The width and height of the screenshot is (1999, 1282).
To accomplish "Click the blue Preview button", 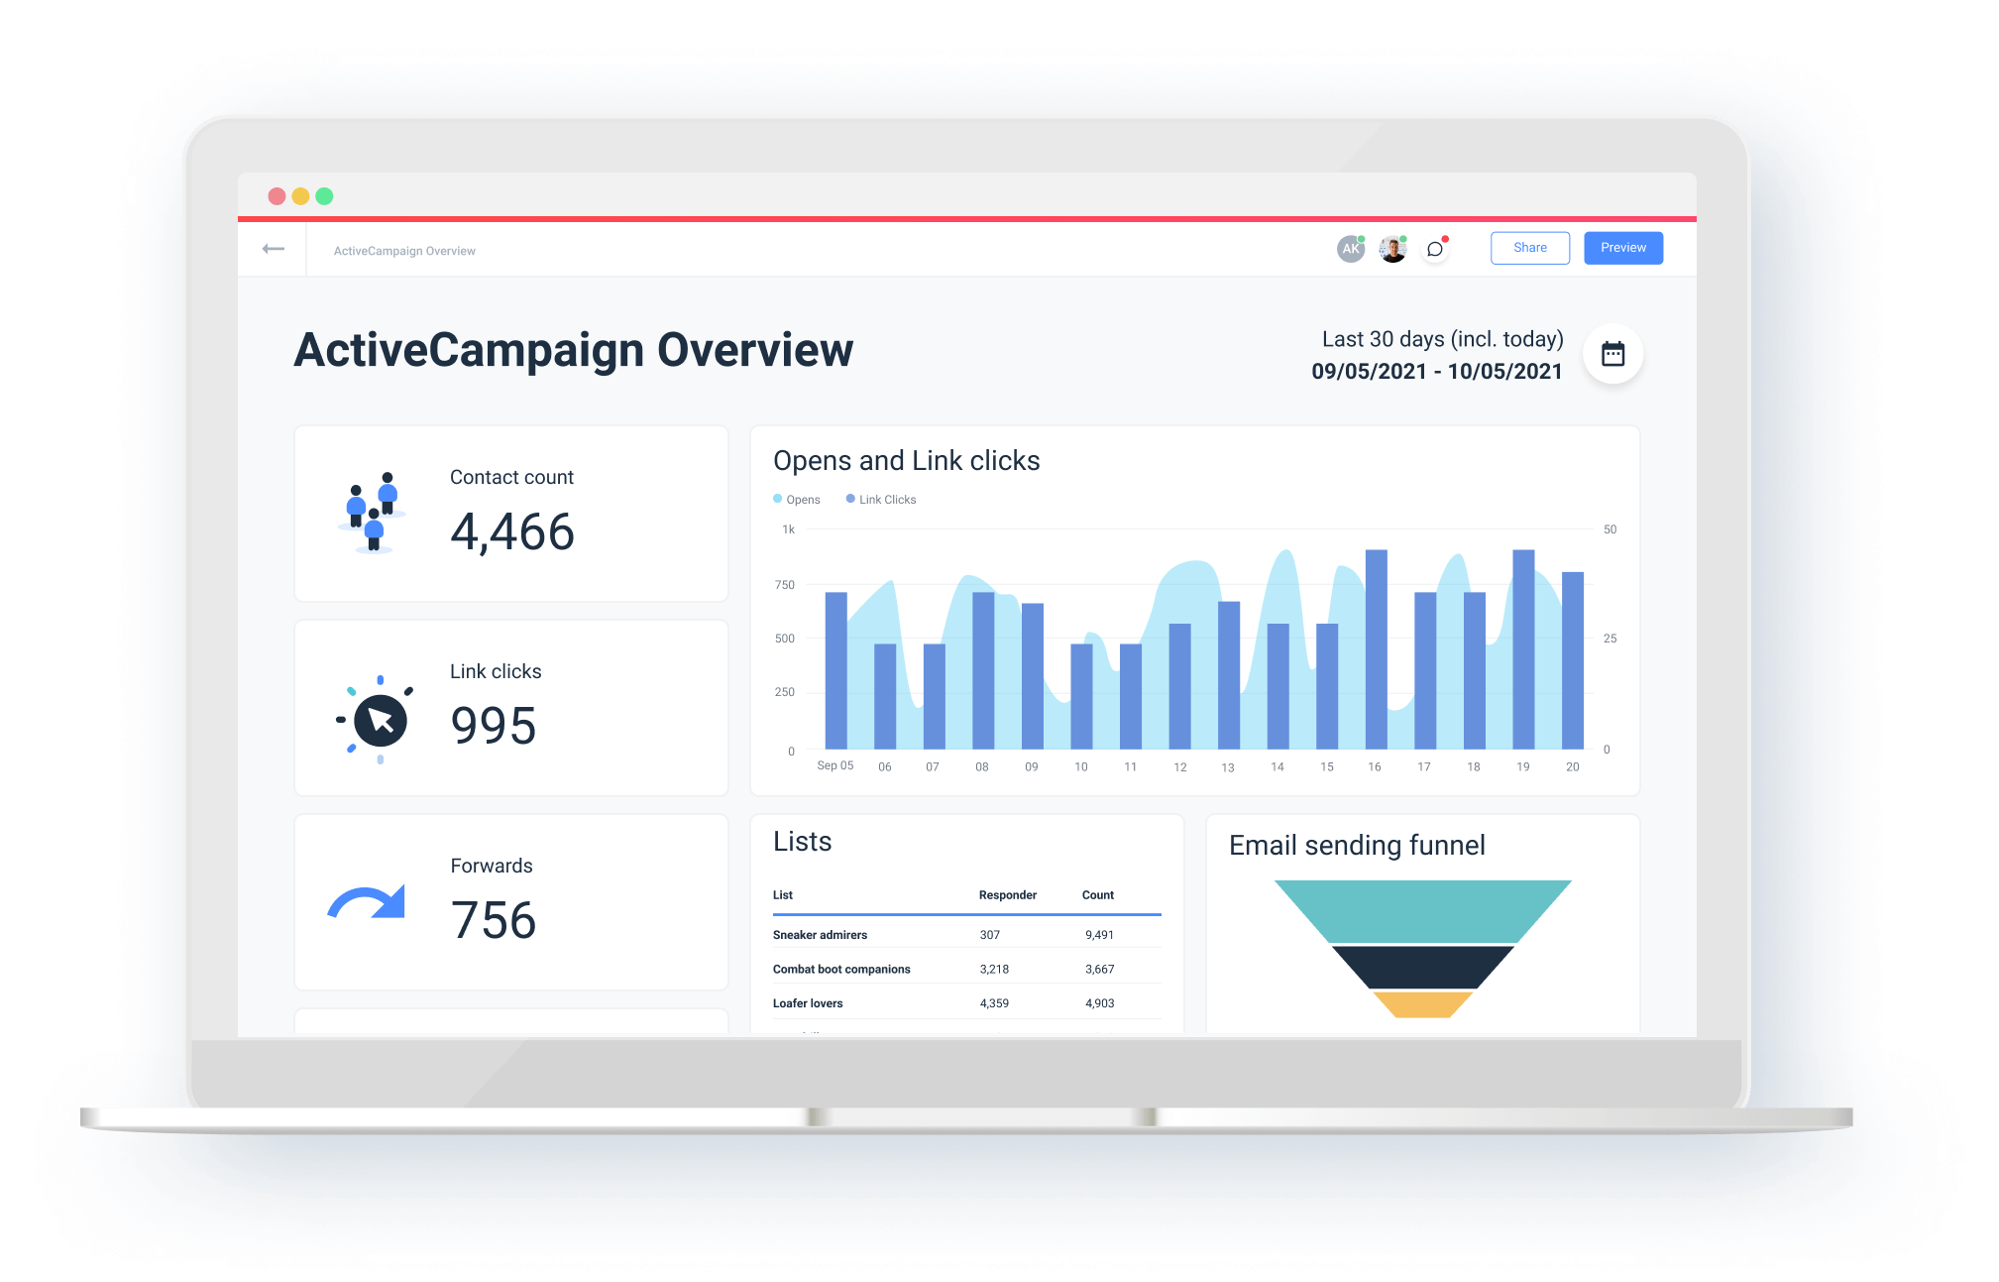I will coord(1622,248).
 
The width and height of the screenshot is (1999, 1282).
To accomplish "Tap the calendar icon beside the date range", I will coord(1612,354).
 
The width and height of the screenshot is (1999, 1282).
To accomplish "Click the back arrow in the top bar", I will coord(274,249).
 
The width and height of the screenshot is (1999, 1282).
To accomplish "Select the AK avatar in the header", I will coord(1350,249).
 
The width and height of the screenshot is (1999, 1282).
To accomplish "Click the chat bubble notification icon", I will coord(1434,249).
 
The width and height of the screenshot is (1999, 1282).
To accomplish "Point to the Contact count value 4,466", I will coord(512,532).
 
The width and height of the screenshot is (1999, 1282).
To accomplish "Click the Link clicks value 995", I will coord(494,726).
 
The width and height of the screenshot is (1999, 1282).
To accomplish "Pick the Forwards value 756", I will coord(494,920).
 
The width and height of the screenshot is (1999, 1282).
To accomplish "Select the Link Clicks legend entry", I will coord(881,500).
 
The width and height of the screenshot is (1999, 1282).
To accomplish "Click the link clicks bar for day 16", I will coord(1376,649).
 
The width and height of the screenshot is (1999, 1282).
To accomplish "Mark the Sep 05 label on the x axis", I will coord(834,766).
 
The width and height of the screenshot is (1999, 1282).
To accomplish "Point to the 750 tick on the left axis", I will coord(785,585).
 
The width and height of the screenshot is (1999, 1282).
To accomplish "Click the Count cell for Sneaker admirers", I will coord(1099,935).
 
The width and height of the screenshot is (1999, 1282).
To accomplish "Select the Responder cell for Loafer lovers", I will coord(994,1003).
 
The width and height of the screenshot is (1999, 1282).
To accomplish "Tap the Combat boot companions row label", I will coord(841,970).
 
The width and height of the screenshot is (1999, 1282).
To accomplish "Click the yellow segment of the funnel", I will coord(1422,1004).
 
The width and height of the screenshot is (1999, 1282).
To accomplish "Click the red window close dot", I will coord(277,196).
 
